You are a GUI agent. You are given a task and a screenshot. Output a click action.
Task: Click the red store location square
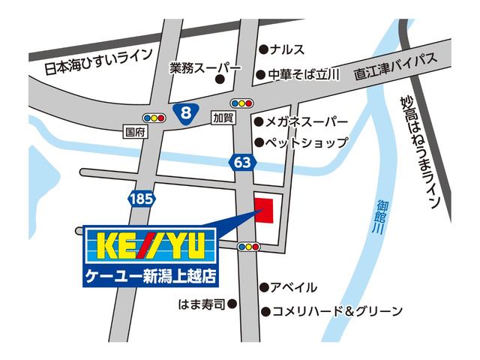(265, 208)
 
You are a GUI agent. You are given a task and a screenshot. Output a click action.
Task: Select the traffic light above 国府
(154, 118)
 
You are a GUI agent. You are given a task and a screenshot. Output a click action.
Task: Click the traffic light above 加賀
(242, 103)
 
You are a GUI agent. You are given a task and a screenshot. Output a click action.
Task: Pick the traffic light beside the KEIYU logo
(249, 246)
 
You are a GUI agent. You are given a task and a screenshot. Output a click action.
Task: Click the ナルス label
(287, 49)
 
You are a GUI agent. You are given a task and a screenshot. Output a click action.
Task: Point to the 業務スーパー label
(205, 67)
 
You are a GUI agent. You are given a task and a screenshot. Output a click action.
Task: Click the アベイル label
(294, 287)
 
